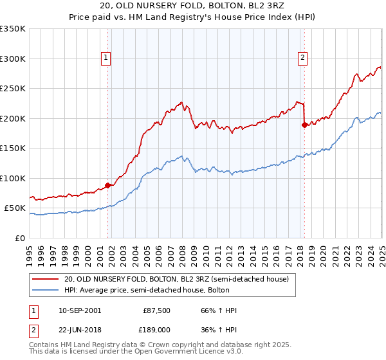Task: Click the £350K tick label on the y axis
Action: coord(13,29)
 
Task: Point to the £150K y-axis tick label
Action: coord(13,148)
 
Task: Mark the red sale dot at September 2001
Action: coord(107,186)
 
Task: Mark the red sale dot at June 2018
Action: coord(304,125)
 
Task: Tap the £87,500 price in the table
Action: coord(157,310)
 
